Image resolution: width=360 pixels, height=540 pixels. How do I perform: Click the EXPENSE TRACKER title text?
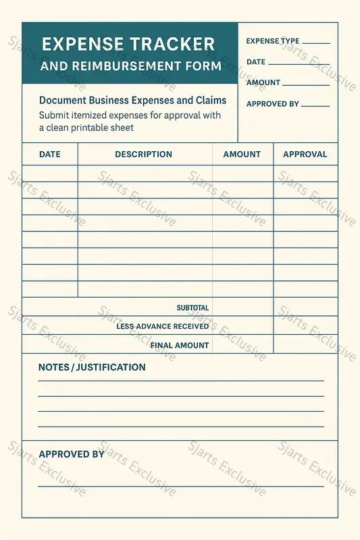click(x=128, y=45)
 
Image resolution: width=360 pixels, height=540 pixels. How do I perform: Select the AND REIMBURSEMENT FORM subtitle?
click(x=130, y=66)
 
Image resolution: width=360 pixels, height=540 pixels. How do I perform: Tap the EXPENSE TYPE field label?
click(x=272, y=41)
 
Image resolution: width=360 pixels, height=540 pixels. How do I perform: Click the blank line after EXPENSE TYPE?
click(x=316, y=43)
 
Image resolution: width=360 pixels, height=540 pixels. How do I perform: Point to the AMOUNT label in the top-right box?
click(x=263, y=83)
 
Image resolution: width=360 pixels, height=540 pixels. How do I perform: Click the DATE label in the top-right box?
click(x=256, y=62)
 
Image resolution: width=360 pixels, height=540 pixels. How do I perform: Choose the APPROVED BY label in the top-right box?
click(x=272, y=104)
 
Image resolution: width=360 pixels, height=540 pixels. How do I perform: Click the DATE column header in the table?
click(x=49, y=155)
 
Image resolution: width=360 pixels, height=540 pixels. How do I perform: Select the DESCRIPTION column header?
click(x=143, y=155)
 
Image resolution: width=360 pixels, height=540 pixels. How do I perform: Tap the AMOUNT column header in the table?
click(x=242, y=155)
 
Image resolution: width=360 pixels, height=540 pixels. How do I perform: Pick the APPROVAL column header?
click(x=305, y=155)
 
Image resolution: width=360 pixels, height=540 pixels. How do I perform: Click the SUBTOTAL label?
click(x=192, y=308)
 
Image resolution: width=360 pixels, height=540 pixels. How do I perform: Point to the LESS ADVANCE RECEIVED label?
click(x=162, y=327)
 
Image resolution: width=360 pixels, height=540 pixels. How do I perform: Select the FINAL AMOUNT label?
click(x=179, y=346)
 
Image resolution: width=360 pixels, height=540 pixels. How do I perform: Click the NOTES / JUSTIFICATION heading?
click(x=92, y=368)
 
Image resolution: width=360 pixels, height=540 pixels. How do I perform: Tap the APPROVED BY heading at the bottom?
click(x=71, y=454)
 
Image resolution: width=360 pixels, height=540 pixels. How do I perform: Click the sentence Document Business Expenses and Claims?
click(x=132, y=101)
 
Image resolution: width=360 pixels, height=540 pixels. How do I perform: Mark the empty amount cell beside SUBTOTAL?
click(x=242, y=308)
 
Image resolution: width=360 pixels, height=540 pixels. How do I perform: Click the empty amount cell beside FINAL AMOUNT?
click(x=242, y=345)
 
